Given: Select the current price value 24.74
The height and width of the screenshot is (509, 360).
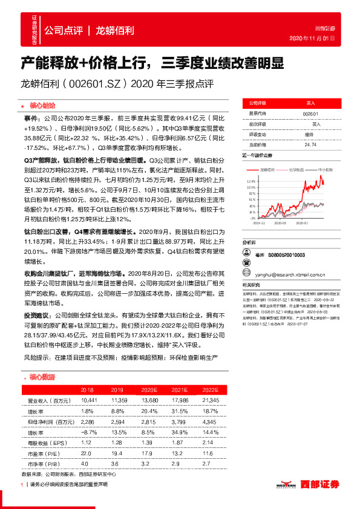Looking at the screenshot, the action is pos(310,144).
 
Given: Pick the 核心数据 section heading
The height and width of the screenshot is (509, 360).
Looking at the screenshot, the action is pos(42,376).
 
